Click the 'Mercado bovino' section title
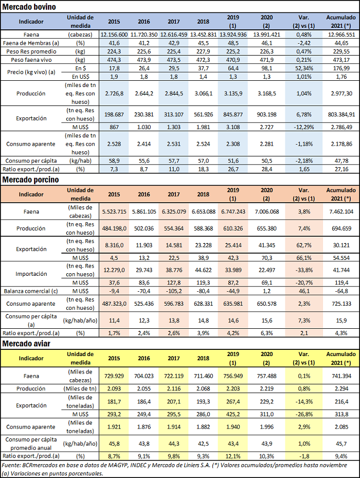29,7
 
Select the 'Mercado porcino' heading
30,180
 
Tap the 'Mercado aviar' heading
26,344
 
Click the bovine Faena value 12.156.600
114,34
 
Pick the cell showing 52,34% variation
304,68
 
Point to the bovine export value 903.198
266,114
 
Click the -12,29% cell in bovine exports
304,127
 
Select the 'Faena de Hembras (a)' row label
31,43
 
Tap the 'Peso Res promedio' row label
31,51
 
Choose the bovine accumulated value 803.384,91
341,114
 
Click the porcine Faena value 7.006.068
266,211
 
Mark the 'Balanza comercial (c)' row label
31,291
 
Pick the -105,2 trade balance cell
174,291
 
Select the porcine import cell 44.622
203,270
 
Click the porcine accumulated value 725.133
341,304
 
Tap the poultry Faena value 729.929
114,376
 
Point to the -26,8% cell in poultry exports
304,414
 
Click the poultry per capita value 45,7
341,444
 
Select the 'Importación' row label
31,274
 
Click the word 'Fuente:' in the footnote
11,465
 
